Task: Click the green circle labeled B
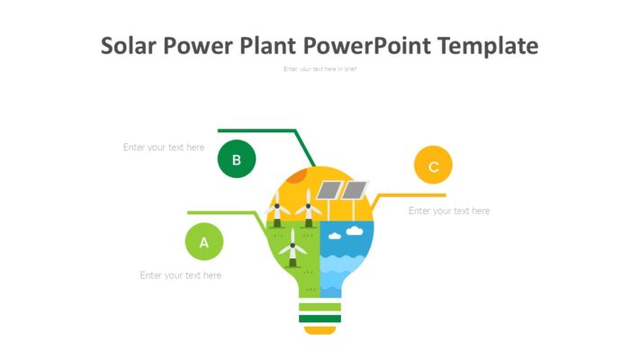pos(237,160)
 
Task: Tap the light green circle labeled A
pos(204,242)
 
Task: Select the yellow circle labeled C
pos(433,166)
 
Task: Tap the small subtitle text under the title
pos(320,69)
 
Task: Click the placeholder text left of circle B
pos(164,148)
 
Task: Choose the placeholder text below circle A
pos(180,275)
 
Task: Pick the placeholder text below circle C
pos(449,211)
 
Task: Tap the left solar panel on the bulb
pos(329,190)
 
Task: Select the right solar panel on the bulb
pos(355,190)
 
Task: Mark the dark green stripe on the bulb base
pos(320,318)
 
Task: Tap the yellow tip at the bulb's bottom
pos(320,329)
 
